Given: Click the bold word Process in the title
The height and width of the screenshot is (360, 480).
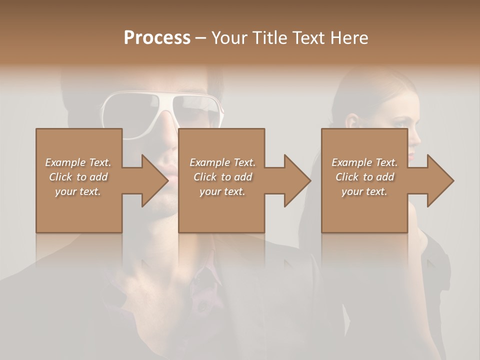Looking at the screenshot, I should [157, 38].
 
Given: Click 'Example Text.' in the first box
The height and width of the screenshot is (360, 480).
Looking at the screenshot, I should [78, 162].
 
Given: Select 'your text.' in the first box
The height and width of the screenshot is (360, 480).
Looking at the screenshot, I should [78, 191].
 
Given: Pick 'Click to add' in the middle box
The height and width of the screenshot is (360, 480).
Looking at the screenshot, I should [222, 177].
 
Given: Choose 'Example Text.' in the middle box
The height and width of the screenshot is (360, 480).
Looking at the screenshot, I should [222, 162].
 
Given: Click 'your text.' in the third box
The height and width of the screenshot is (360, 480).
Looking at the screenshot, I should [364, 191].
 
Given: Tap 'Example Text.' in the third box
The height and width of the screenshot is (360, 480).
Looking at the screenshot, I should [364, 162].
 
